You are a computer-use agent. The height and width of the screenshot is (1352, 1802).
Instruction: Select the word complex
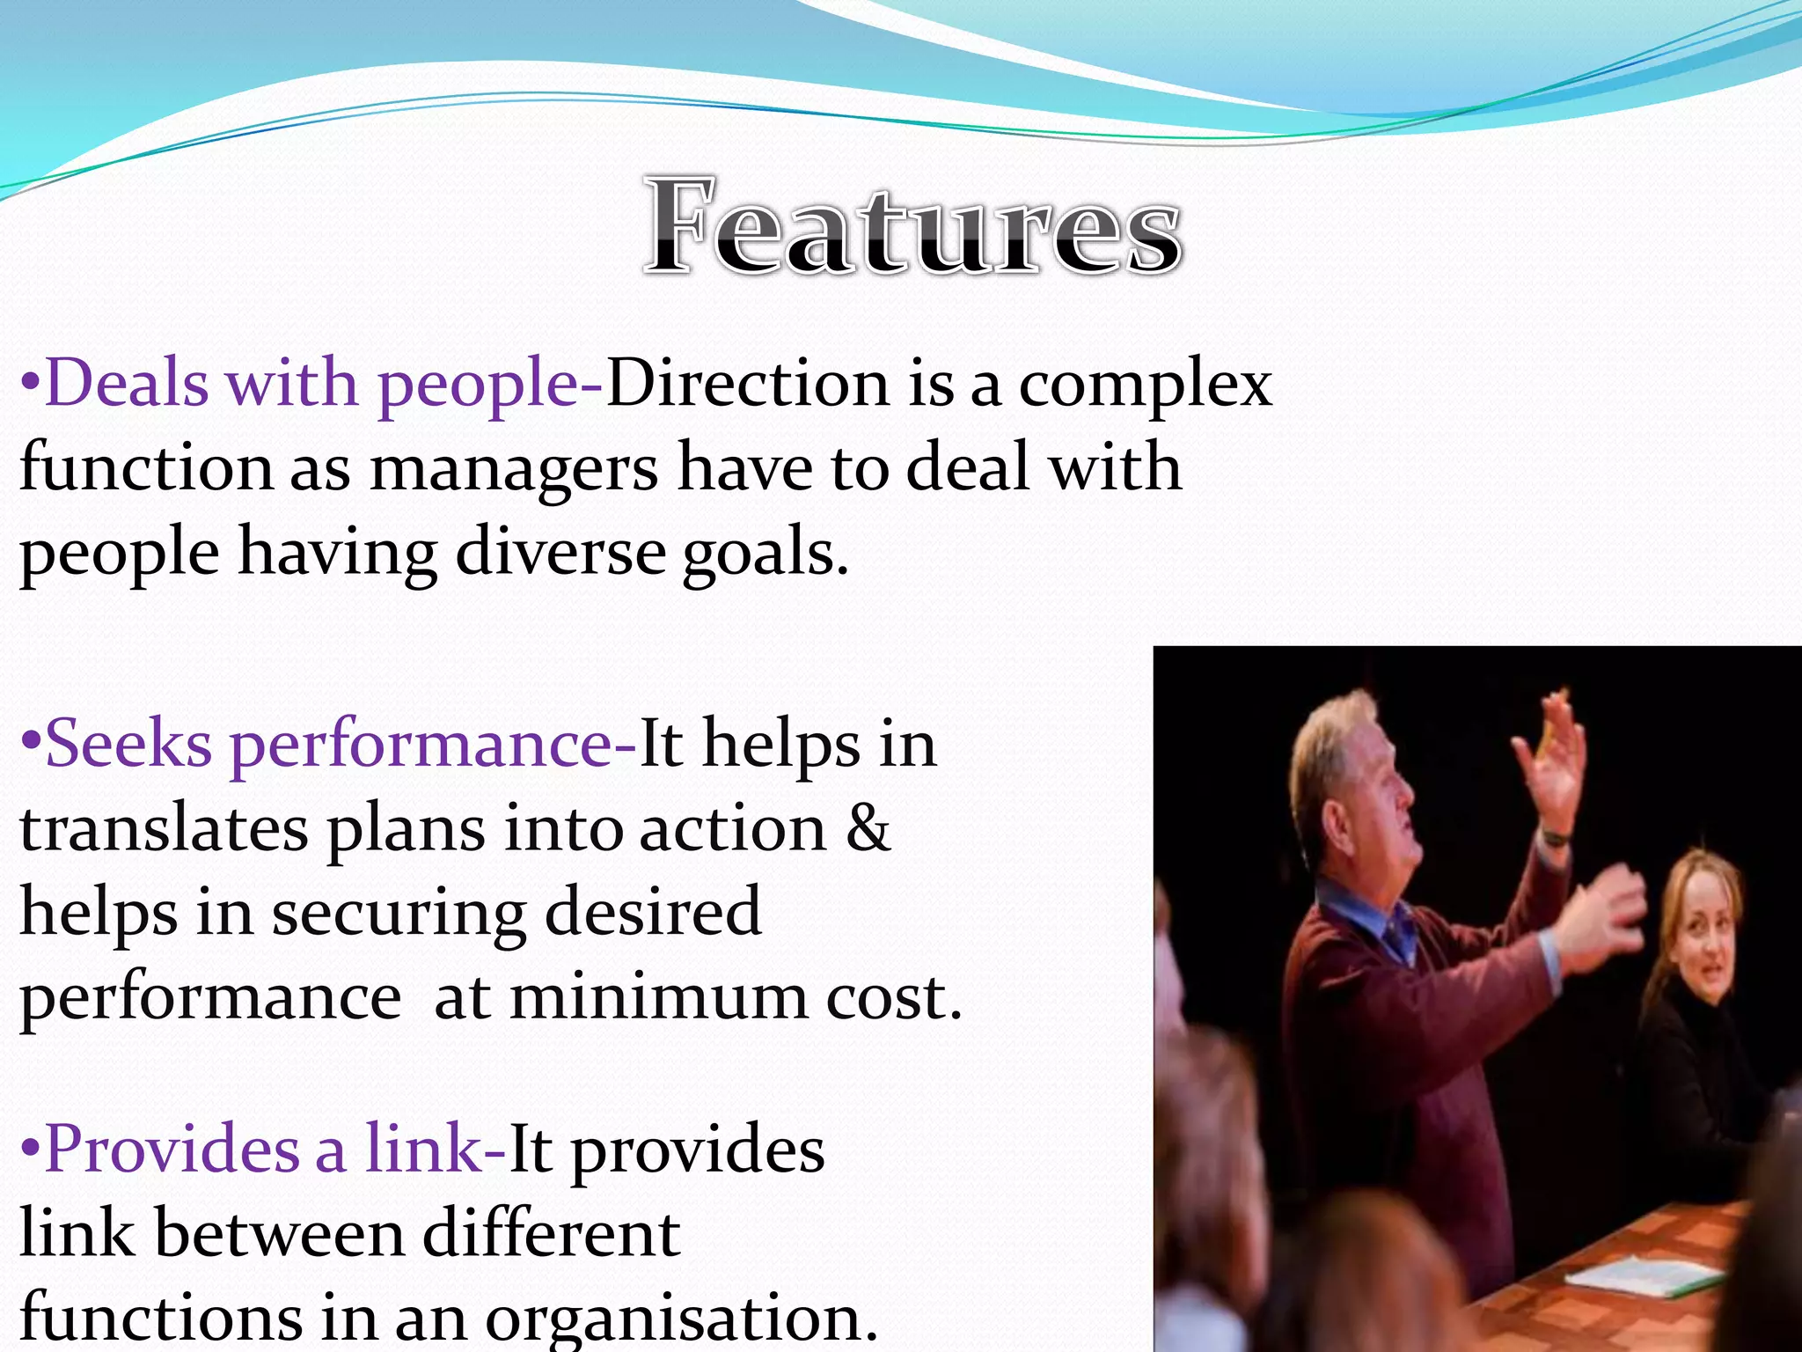[x=1145, y=386]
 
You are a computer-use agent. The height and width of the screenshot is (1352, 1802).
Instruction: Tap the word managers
[x=513, y=468]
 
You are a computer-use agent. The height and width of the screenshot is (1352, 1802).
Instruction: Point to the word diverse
[x=560, y=553]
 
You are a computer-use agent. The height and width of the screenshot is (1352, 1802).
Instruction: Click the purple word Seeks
[x=128, y=745]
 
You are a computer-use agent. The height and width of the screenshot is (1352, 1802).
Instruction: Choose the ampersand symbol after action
[x=868, y=828]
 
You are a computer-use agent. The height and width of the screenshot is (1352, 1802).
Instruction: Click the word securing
[x=399, y=914]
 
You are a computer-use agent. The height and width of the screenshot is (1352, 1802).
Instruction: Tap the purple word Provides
[x=171, y=1149]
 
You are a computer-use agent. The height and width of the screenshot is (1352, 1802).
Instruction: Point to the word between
[x=279, y=1233]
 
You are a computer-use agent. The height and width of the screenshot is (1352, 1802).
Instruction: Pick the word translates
[x=165, y=829]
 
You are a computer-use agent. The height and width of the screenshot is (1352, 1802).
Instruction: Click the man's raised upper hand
[x=1554, y=757]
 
